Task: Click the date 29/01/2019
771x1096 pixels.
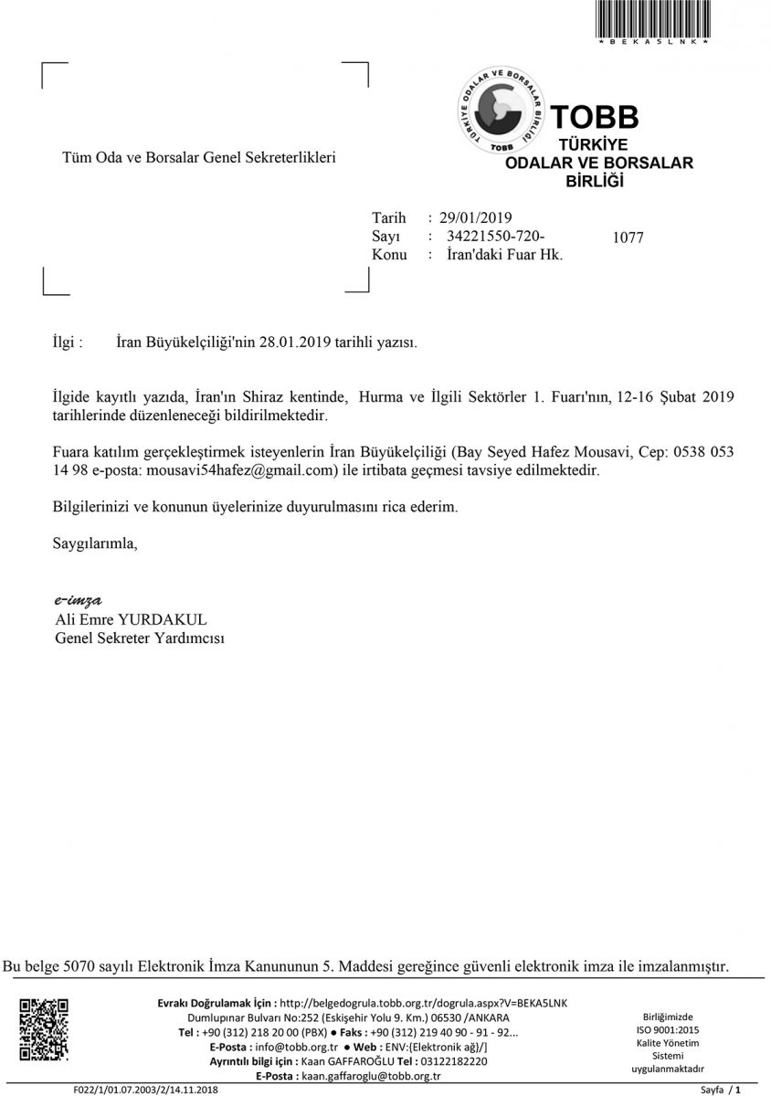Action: [x=475, y=217]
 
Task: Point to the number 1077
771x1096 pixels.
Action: [x=628, y=238]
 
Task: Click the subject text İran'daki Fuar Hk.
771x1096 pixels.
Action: [x=505, y=255]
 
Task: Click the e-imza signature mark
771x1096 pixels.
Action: [x=78, y=600]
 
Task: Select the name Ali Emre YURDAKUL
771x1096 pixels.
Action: [x=132, y=619]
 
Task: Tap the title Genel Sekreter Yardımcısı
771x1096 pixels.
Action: [x=140, y=638]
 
